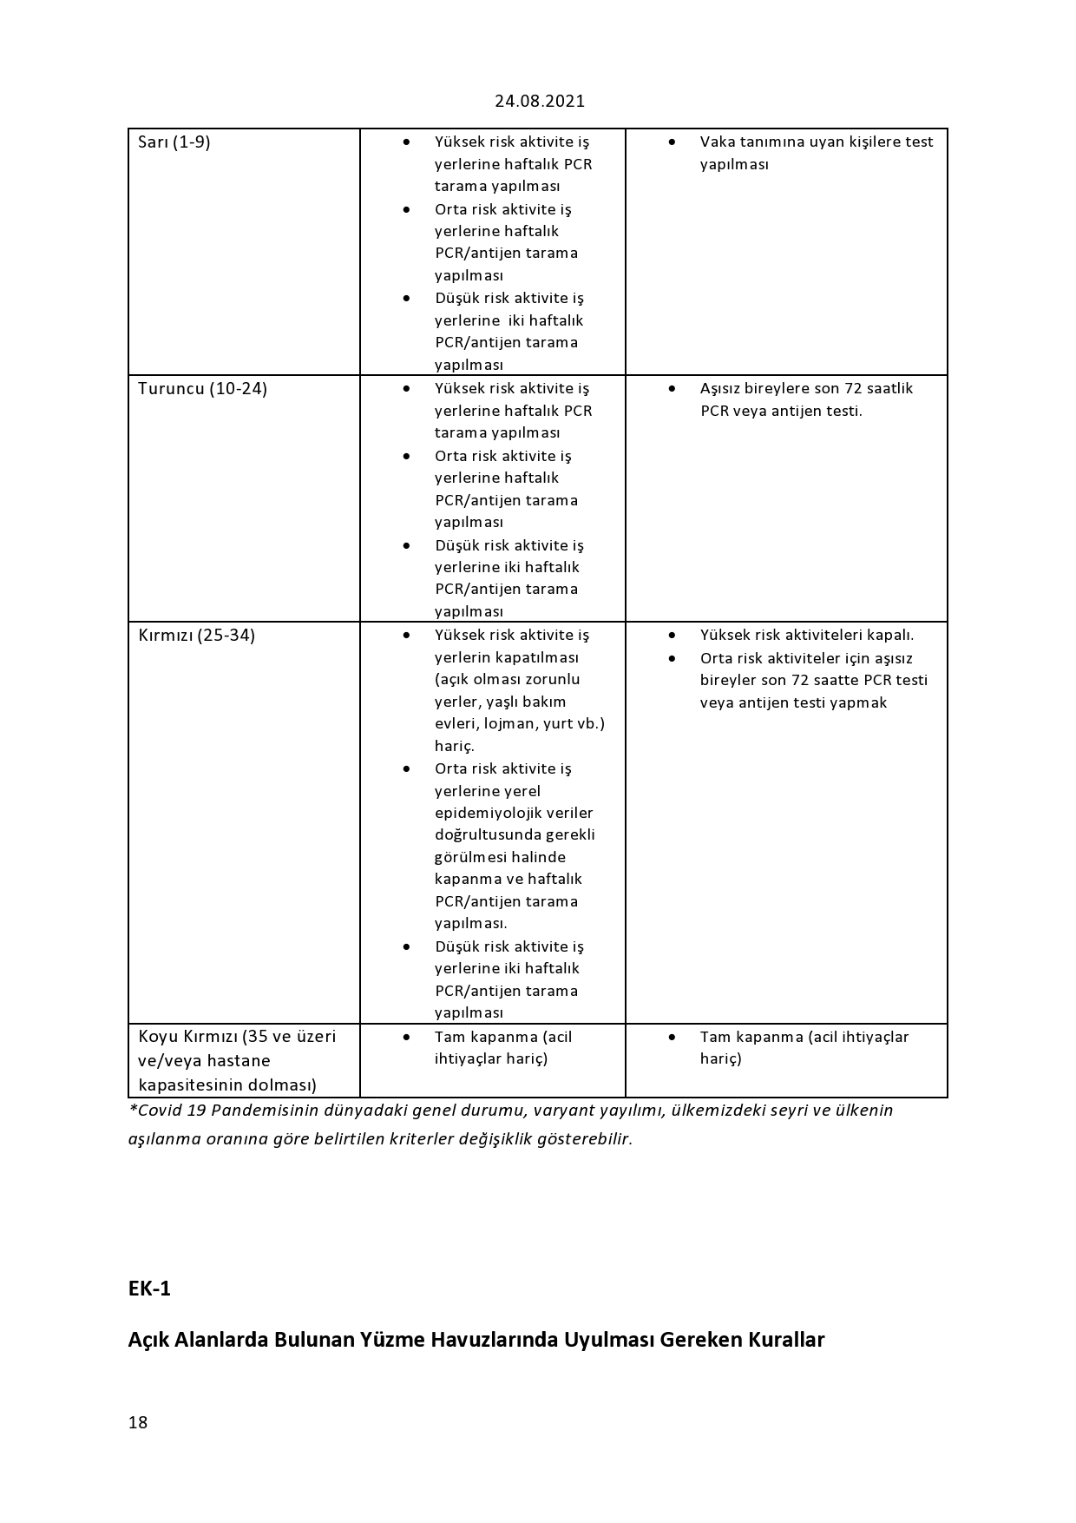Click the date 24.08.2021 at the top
coord(540,101)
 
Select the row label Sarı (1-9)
coord(174,142)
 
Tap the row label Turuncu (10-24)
coord(202,389)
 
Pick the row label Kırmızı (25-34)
coord(196,636)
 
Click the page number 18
coord(138,1422)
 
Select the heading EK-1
coord(149,1289)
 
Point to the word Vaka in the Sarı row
coord(716,142)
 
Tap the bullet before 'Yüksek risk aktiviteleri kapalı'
coord(672,635)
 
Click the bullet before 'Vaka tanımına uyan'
coord(672,142)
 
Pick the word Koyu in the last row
coord(159,1037)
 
